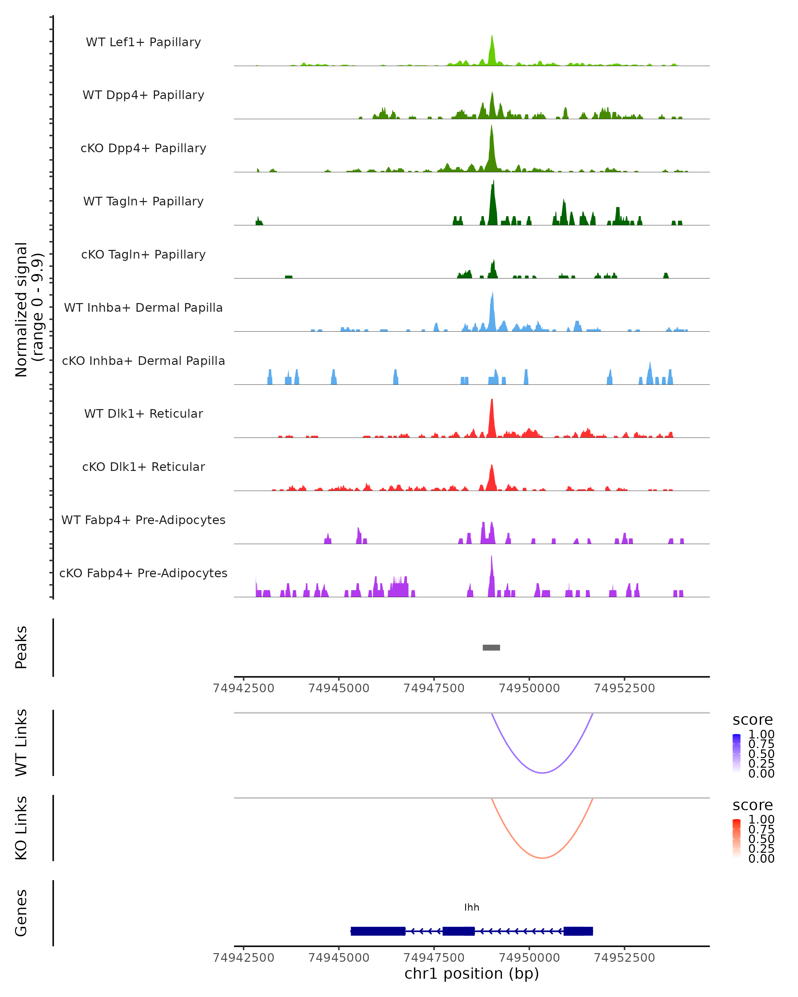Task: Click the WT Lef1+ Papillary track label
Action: (143, 42)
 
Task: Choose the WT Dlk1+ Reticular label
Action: (143, 413)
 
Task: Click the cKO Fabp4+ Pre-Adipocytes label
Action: (143, 573)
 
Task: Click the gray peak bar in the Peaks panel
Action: (491, 647)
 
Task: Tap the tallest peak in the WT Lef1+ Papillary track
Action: (492, 37)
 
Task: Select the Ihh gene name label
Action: (471, 907)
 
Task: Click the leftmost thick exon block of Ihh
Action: (378, 931)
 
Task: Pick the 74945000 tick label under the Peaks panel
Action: (338, 688)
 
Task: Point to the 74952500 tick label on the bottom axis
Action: (624, 958)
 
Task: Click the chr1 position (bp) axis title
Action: (471, 974)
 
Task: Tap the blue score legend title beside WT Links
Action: (752, 720)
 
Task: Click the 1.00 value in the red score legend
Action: (761, 820)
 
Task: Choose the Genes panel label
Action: (21, 913)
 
